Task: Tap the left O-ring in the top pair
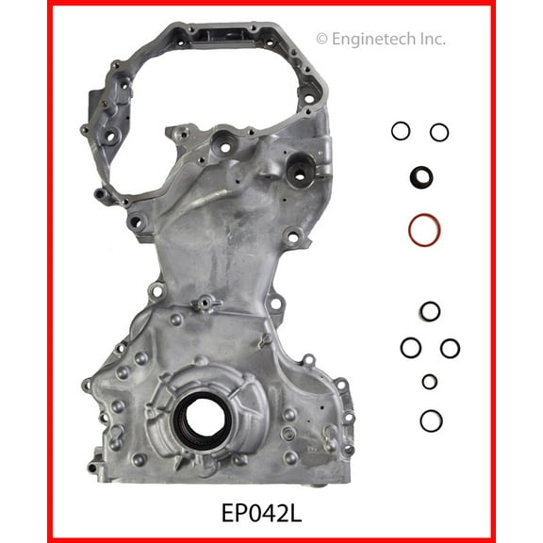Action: (x=402, y=132)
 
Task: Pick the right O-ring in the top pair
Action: (x=439, y=132)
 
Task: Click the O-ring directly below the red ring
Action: (x=429, y=311)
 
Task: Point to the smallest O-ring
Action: (x=430, y=381)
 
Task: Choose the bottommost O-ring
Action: (x=430, y=419)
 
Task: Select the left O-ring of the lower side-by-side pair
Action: (x=411, y=348)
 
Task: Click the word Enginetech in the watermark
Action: (x=377, y=39)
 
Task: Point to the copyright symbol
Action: (x=322, y=39)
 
